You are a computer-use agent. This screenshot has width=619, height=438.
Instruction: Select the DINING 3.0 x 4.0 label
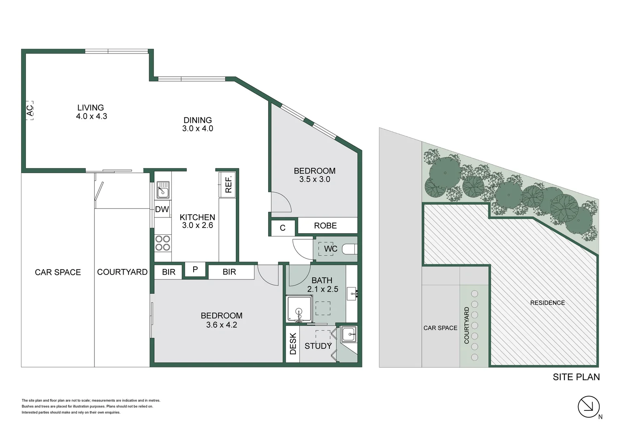point(198,125)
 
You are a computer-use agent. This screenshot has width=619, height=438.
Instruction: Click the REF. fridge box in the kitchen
point(228,184)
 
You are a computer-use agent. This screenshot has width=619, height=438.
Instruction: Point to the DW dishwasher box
point(162,210)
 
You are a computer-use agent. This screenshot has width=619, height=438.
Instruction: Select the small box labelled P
point(195,270)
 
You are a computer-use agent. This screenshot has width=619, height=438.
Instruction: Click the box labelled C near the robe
point(282,228)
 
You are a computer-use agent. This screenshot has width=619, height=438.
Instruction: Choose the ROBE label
point(325,225)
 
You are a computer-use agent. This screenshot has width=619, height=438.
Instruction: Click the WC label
point(331,249)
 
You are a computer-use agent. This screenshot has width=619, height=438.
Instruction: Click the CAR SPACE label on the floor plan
point(58,272)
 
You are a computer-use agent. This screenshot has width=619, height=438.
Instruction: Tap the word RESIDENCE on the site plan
point(547,303)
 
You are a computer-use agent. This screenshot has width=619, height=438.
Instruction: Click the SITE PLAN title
point(576,377)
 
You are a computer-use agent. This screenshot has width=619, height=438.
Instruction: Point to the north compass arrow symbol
point(589,406)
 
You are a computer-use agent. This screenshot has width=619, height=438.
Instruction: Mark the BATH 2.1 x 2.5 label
point(322,285)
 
